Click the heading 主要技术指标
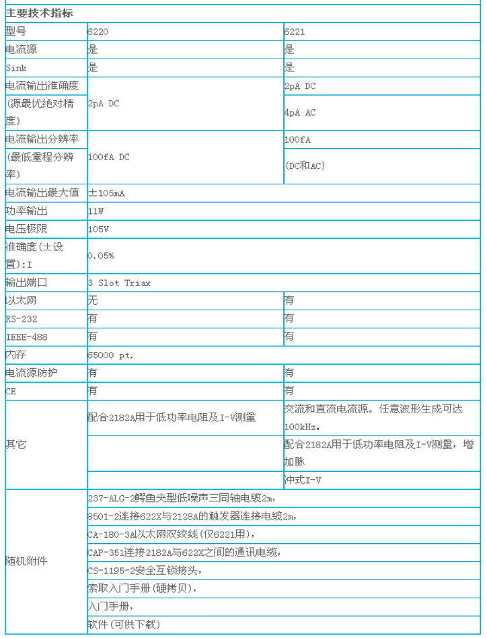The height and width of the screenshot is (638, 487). pos(40,13)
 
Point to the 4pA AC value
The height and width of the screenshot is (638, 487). pos(300,112)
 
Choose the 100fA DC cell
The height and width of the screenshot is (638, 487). pos(108,157)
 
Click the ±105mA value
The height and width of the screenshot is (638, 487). pos(106,193)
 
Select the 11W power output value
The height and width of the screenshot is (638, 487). pos(96,211)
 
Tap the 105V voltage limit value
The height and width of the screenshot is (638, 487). pos(98,229)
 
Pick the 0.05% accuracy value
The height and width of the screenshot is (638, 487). pos(102,256)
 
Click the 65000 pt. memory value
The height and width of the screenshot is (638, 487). pos(110,354)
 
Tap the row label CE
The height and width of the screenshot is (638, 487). pos(10,390)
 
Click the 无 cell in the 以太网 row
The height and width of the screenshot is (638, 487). pos(93,301)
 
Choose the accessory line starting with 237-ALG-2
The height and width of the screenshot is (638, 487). pos(182,499)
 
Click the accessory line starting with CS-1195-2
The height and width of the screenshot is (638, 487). pos(144,570)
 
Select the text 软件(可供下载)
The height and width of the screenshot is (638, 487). pos(124,624)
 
